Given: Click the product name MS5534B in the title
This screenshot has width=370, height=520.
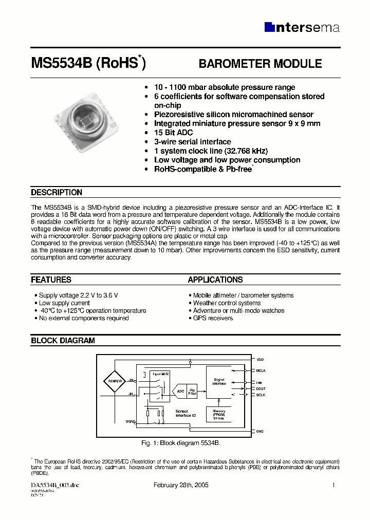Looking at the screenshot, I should click(61, 64).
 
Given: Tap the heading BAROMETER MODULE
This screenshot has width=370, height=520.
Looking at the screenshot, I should click(260, 64).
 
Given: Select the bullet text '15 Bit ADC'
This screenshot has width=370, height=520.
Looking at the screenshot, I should click(173, 133).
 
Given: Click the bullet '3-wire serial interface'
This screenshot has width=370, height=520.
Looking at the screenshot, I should click(192, 142).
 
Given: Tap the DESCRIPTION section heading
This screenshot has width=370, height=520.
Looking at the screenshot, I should click(57, 193).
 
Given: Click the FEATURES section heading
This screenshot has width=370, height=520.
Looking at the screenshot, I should click(51, 280).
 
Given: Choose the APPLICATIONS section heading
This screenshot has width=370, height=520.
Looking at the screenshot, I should click(215, 280).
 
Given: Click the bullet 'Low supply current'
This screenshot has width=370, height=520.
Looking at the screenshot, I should click(64, 303).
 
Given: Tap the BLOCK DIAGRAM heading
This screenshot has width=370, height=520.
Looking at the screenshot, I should click(63, 341).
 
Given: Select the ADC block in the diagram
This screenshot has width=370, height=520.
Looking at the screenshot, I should click(180, 392).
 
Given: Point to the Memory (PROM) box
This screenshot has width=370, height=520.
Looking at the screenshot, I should click(219, 414).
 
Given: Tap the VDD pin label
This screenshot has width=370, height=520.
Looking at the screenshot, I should click(260, 360).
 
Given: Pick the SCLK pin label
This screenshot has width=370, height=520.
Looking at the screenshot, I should click(261, 395).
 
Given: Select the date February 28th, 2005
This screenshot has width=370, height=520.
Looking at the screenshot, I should click(181, 486).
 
